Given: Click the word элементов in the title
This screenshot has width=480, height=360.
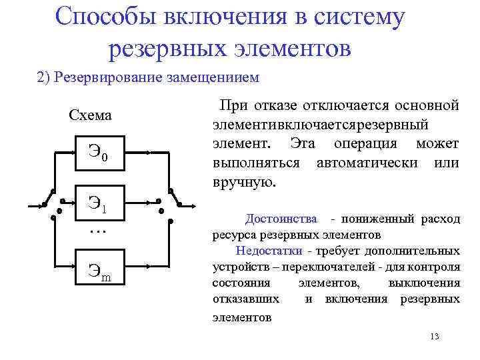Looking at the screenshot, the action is click(x=295, y=47).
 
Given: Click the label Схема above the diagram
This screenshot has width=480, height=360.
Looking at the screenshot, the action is click(x=91, y=116).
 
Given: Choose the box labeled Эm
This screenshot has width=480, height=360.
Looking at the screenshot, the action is click(x=97, y=270).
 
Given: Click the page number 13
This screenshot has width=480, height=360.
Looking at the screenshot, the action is click(x=435, y=336).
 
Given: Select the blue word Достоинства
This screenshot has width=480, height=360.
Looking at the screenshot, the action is click(x=281, y=219).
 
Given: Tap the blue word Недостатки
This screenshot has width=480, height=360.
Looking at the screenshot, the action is click(x=268, y=251).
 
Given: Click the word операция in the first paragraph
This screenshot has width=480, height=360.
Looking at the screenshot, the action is click(x=369, y=144).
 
